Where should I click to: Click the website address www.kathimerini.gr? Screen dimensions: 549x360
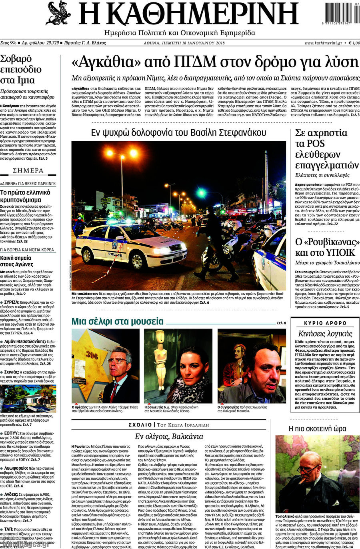[323, 43]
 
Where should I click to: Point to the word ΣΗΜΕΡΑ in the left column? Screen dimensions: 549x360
[28, 170]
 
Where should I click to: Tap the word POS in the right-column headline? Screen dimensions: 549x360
[316, 144]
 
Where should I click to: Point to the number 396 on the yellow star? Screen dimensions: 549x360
[92, 355]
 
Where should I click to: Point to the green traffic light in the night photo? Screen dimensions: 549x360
[201, 193]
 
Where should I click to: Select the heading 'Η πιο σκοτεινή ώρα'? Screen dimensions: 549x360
[317, 429]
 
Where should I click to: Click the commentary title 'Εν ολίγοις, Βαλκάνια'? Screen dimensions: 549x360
[169, 437]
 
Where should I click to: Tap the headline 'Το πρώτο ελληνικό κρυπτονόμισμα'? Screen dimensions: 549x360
[26, 196]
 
